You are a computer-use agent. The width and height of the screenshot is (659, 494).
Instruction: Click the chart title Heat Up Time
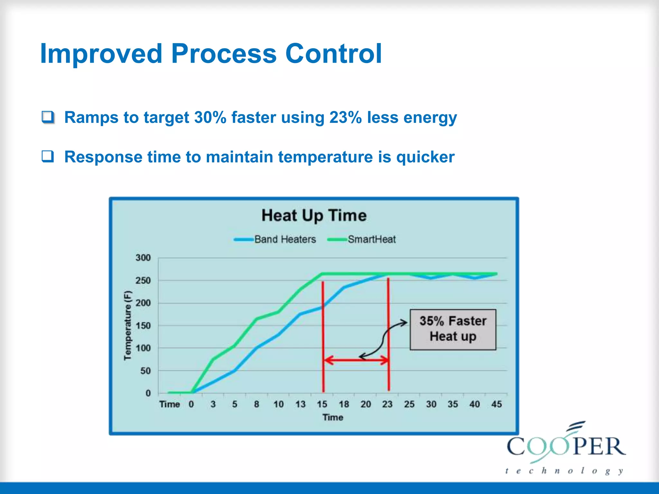[x=314, y=215]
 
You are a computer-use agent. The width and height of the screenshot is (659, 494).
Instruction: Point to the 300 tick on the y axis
[x=143, y=258]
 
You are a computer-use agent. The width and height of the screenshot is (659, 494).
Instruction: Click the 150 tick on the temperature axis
[x=143, y=325]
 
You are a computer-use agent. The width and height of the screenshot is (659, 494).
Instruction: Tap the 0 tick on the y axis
[x=148, y=393]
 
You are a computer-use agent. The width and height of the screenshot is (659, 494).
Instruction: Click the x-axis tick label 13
[x=300, y=404]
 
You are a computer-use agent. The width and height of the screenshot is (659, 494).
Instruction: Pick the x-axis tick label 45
[x=496, y=404]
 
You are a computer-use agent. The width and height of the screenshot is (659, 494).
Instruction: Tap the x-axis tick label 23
[x=387, y=404]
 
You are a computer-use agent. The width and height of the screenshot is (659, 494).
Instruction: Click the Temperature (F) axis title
[x=128, y=325]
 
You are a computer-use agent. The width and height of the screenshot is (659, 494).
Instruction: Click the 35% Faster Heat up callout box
[x=453, y=329]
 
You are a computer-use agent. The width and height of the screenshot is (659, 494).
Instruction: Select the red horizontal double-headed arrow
[x=356, y=360]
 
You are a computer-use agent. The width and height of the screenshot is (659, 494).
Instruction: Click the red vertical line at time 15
[x=323, y=338]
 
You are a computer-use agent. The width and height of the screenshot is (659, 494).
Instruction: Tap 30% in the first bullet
[x=210, y=117]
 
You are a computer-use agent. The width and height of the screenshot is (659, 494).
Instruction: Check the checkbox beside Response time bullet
[x=48, y=157]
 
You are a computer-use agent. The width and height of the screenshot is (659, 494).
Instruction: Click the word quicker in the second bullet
[x=425, y=157]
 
